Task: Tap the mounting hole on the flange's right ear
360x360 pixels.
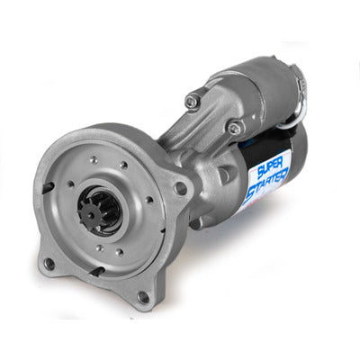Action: pyautogui.click(x=181, y=188)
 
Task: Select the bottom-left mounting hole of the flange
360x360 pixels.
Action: pyautogui.click(x=49, y=263)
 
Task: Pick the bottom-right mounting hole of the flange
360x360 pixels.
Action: pyautogui.click(x=142, y=295)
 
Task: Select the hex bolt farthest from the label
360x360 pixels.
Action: pyautogui.click(x=192, y=101)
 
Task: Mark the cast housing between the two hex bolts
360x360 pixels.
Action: pyautogui.click(x=214, y=117)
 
